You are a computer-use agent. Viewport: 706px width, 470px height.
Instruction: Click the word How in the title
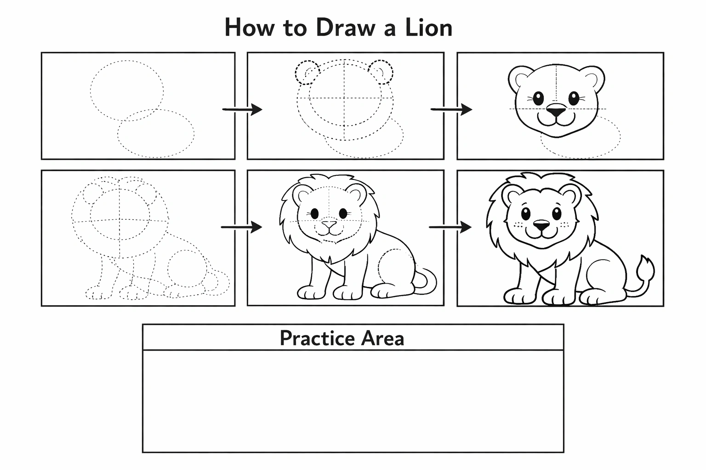click(x=250, y=28)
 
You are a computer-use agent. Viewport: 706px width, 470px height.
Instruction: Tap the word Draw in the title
click(x=346, y=28)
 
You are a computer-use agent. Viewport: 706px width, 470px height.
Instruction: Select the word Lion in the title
click(x=429, y=28)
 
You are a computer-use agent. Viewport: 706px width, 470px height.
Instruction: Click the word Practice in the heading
click(x=318, y=338)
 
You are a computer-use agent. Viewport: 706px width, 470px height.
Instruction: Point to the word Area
click(x=382, y=338)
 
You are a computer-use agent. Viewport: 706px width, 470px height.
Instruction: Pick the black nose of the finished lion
click(x=541, y=225)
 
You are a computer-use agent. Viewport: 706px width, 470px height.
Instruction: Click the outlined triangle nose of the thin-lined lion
click(x=329, y=224)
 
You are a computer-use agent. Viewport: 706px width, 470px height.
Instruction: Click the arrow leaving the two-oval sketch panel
click(x=242, y=110)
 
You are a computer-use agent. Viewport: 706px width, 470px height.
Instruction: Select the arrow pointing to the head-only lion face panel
click(x=451, y=110)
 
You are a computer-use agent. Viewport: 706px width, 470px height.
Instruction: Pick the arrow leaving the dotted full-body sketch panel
click(x=241, y=227)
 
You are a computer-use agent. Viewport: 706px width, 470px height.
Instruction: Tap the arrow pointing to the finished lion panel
click(x=450, y=227)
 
